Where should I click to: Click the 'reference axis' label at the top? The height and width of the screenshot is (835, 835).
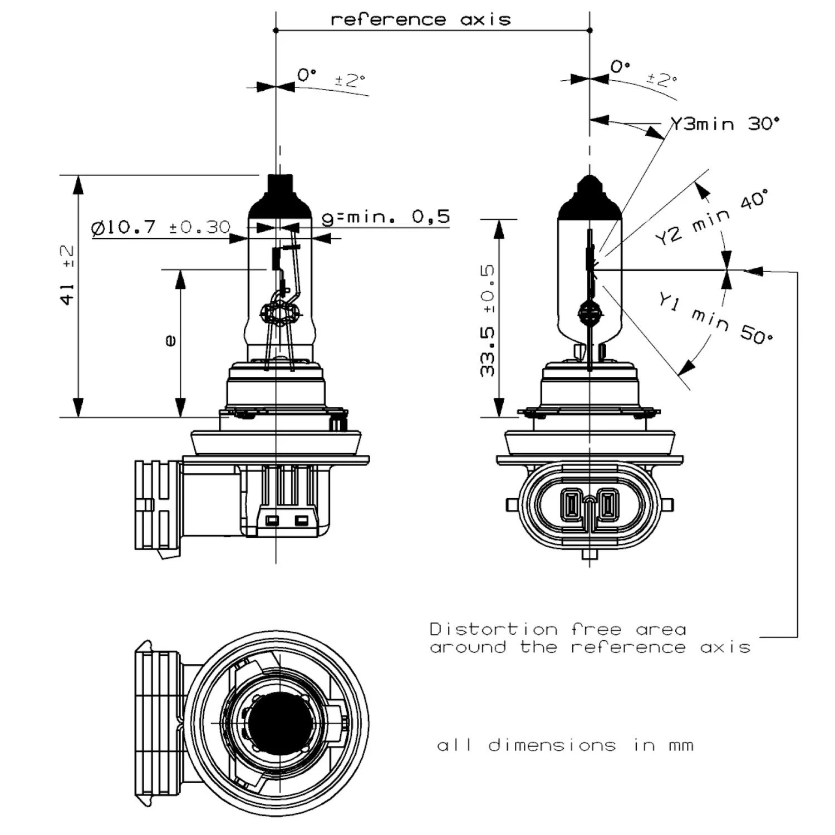(x=421, y=19)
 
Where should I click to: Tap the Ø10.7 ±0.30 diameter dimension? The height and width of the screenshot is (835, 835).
(x=160, y=227)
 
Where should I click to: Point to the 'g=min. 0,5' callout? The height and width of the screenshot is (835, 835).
(x=386, y=217)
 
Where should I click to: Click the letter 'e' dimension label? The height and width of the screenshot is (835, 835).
(x=170, y=340)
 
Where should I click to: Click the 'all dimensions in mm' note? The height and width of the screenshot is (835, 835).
(x=565, y=745)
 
